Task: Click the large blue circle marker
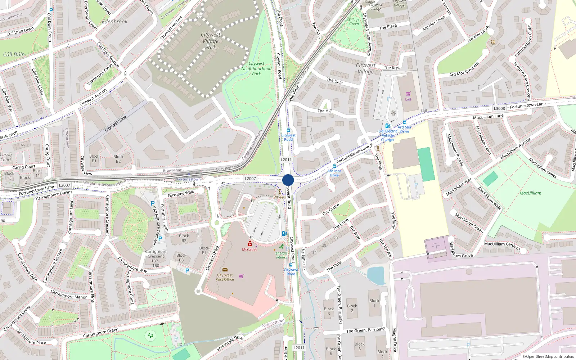tap(288, 180)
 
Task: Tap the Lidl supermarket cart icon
tap(408, 94)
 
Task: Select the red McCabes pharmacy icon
tap(249, 244)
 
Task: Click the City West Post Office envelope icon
tap(225, 270)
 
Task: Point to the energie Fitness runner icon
tap(282, 247)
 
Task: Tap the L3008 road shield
tap(499, 108)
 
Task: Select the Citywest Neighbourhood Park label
tap(256, 68)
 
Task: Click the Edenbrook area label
tap(114, 22)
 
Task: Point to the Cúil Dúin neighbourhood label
tap(14, 54)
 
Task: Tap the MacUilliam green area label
tap(530, 193)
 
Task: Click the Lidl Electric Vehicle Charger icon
tap(387, 126)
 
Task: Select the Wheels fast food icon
tap(280, 192)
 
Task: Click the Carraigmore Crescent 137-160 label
tap(156, 258)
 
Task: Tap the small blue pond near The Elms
tap(376, 275)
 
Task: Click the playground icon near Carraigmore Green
tap(150, 336)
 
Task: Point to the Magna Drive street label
tap(395, 339)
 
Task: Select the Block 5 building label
tap(359, 346)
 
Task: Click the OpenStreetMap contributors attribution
tap(549, 356)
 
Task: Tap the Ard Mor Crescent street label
tap(464, 69)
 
